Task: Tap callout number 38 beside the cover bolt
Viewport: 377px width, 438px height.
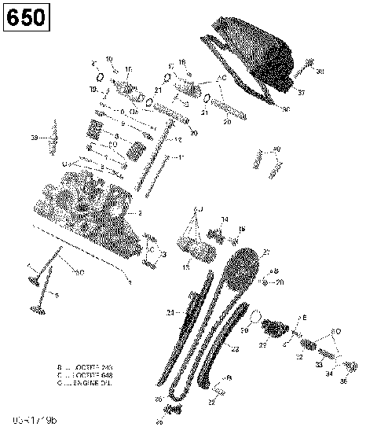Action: click(x=320, y=72)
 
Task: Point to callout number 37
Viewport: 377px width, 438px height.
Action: click(x=300, y=91)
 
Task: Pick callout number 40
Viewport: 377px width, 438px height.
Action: click(x=276, y=149)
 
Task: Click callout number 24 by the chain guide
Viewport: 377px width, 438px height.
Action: click(x=170, y=313)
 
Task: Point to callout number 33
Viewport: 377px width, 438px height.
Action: click(x=319, y=365)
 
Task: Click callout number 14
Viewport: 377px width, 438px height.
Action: click(x=225, y=219)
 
